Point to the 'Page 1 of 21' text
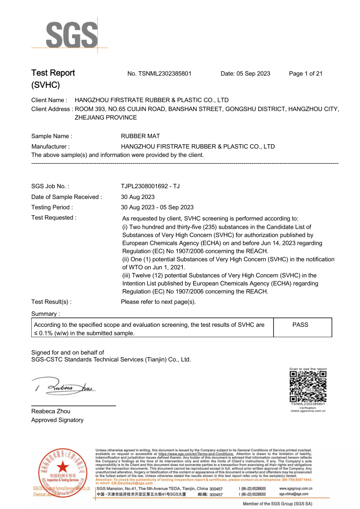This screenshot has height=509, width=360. [x=306, y=73]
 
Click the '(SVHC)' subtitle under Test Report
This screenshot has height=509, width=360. [x=45, y=85]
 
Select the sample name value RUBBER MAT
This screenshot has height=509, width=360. [x=140, y=136]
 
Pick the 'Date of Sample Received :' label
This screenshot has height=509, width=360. [x=67, y=197]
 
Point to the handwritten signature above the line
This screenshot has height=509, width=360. [x=63, y=387]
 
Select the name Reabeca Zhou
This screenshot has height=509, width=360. [x=51, y=411]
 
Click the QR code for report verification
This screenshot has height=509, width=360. [x=308, y=386]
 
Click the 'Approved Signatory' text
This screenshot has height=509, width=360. [x=57, y=420]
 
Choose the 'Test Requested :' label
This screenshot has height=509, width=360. [x=54, y=218]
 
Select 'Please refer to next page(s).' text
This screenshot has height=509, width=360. [x=158, y=302]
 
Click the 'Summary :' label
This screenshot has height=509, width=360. [x=45, y=314]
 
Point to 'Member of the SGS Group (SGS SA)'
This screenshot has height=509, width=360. [x=278, y=504]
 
